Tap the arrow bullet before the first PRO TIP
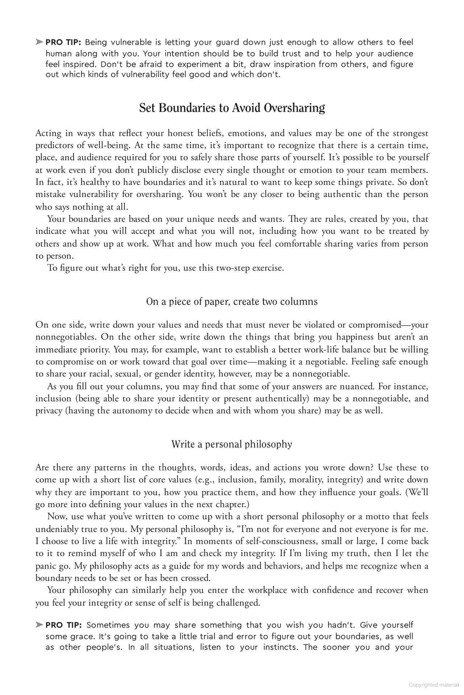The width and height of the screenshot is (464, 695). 39,42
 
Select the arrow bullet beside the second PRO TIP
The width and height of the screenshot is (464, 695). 39,625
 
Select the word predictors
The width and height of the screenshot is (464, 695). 53,146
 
